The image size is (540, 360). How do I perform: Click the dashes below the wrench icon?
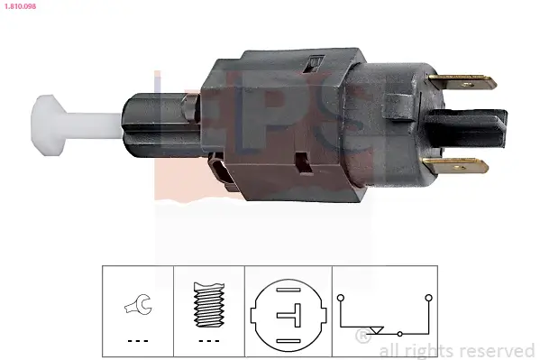click(x=138, y=341)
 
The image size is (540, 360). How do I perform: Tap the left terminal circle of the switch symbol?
click(x=341, y=296)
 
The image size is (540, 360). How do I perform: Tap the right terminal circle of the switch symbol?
click(x=428, y=296)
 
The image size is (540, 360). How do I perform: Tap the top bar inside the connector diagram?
click(x=286, y=292)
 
